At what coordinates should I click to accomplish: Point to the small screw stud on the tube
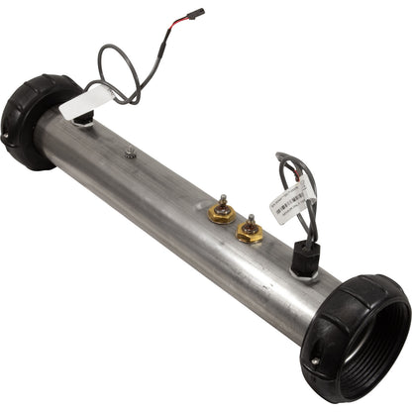tap(130, 152)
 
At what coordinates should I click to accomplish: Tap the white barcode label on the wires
tap(293, 202)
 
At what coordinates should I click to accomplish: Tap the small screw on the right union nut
tap(315, 360)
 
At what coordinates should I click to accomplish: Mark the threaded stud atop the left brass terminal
tap(223, 200)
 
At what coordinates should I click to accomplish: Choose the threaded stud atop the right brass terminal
tap(251, 220)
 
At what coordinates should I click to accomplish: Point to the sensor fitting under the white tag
tap(84, 118)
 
